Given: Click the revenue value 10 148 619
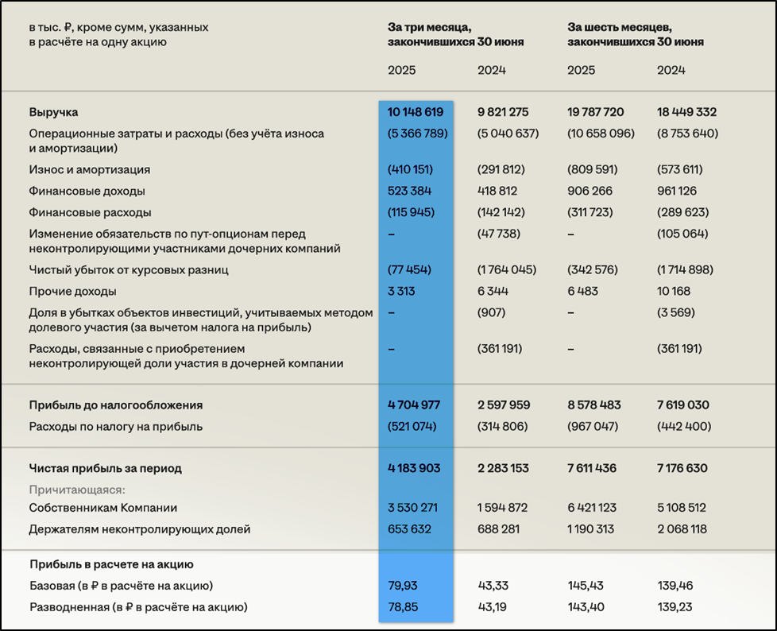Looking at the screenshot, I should coord(415,112).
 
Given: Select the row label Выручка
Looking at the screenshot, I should coord(53,112).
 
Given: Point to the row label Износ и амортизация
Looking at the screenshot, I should coord(89,169).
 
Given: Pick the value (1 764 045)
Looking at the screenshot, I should coord(507,269).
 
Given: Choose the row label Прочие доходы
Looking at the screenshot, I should coord(72,291).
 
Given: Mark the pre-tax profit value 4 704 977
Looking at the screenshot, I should coord(414,405).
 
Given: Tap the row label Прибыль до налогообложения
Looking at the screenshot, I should coord(115,405).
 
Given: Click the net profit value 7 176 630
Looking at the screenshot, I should coord(682,468).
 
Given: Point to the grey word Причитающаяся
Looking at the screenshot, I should coord(77,490).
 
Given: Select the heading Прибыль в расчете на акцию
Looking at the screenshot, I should coord(112,564).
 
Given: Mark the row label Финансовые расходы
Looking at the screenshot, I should coord(90,212).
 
